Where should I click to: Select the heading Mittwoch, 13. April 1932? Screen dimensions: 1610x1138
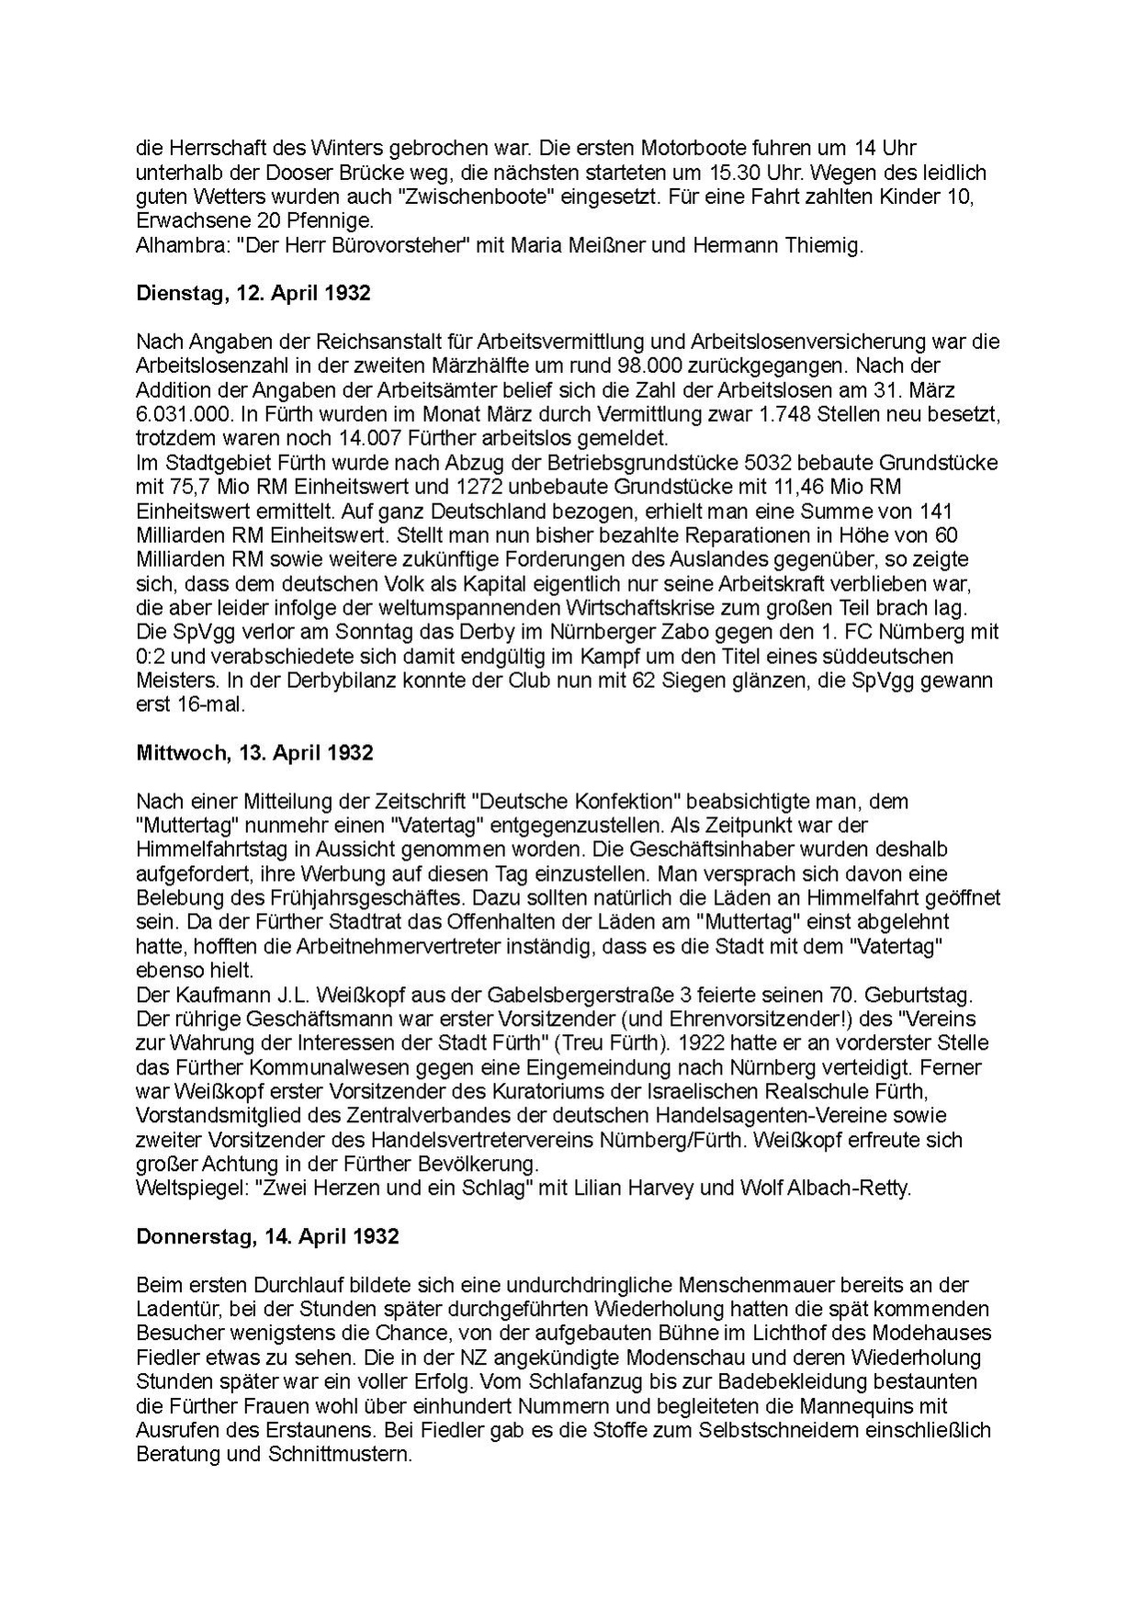pos(254,752)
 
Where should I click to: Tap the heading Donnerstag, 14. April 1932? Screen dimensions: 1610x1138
pos(267,1236)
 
